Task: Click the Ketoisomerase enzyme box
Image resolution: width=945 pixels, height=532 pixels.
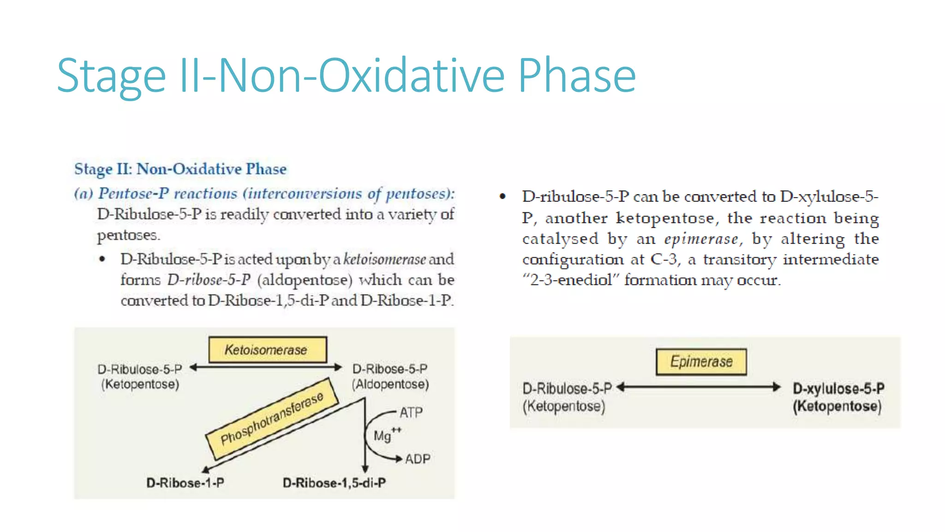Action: [267, 350]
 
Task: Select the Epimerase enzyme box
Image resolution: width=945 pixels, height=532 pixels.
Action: [701, 362]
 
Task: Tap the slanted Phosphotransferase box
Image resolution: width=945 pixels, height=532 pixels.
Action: [272, 418]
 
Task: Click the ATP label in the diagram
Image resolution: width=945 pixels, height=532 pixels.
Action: [411, 412]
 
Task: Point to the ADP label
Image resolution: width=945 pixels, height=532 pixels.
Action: [418, 459]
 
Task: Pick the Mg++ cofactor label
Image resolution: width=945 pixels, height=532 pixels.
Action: [387, 435]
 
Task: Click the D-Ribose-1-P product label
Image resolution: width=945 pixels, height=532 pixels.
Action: [185, 483]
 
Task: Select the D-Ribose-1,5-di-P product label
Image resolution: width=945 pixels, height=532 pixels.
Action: [334, 483]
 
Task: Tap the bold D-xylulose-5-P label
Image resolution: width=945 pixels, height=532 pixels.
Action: [838, 388]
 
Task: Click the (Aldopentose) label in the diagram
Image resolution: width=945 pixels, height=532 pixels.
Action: [390, 384]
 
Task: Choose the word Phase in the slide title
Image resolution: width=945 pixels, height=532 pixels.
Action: [577, 76]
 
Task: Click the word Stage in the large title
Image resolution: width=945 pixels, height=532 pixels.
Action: [111, 76]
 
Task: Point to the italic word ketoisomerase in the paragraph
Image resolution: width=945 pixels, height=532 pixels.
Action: [384, 259]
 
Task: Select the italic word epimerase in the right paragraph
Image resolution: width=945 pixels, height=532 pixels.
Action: [701, 239]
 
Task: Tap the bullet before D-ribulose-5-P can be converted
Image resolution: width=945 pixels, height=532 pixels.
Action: [502, 197]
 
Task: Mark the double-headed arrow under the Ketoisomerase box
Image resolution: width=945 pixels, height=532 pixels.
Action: [266, 368]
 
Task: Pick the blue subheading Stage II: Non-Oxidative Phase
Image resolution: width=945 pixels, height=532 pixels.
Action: [180, 169]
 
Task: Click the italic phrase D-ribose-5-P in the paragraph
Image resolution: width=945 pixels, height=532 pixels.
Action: [209, 280]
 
